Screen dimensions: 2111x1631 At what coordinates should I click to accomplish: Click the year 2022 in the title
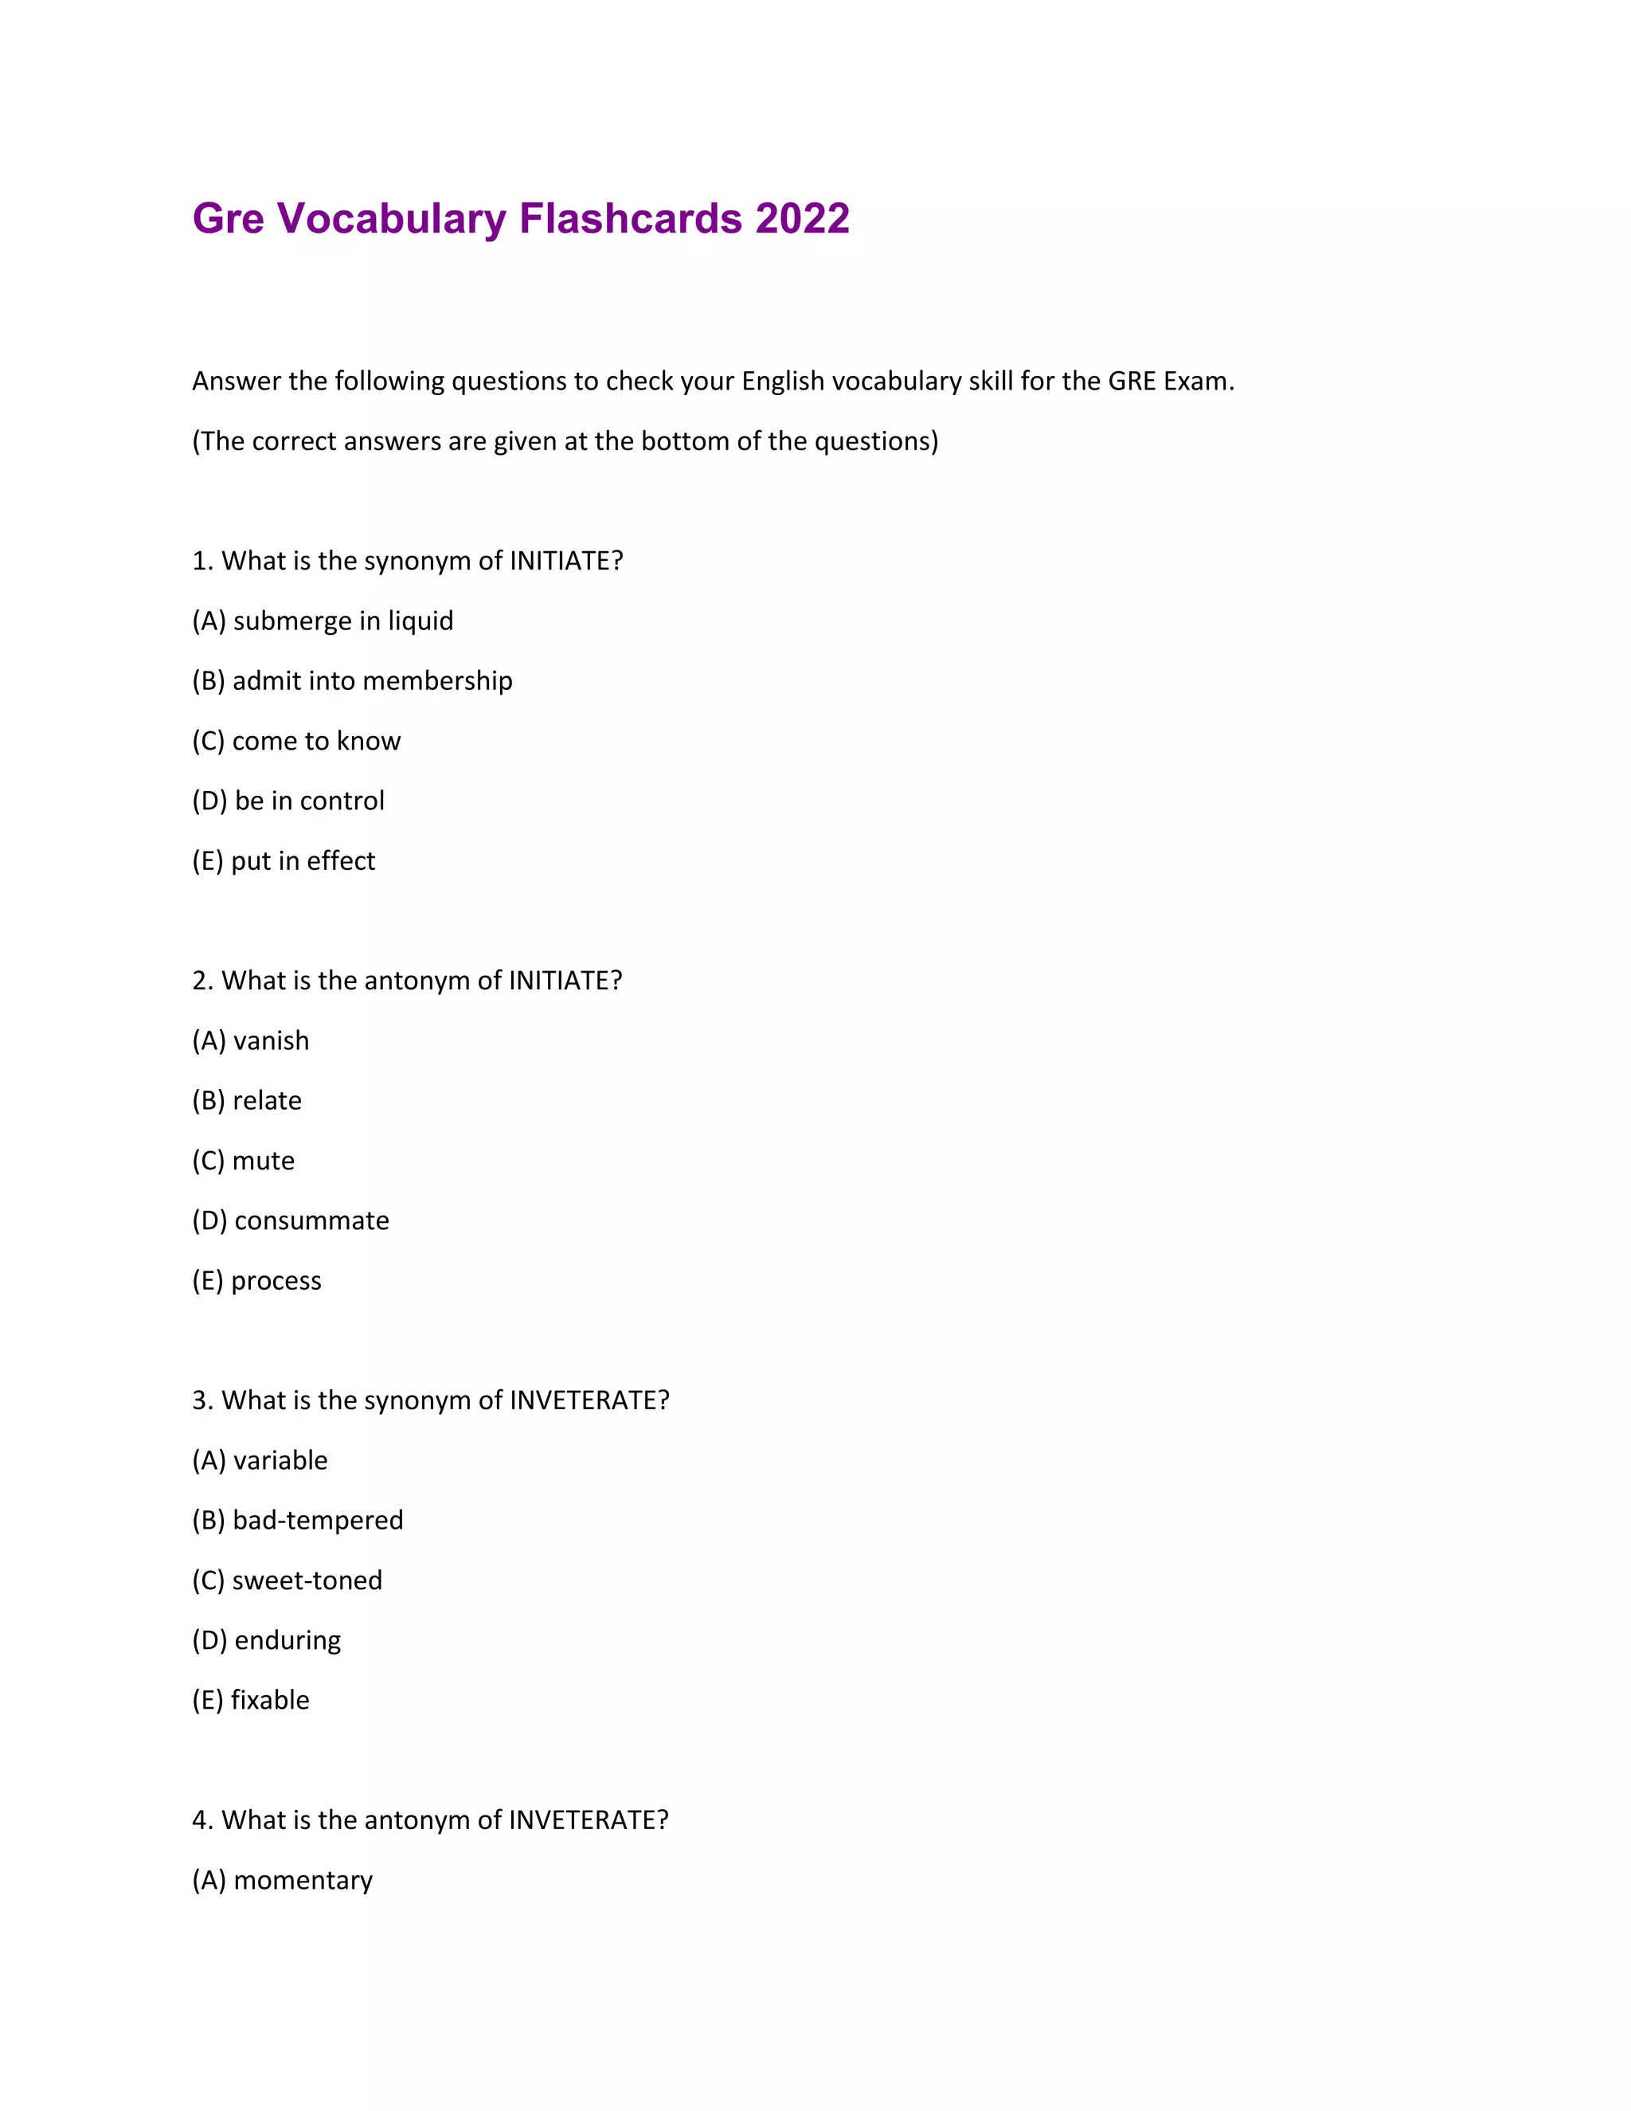[802, 218]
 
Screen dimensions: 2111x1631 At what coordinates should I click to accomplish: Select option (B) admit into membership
[352, 680]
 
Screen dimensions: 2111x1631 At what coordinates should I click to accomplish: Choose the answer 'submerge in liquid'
[323, 621]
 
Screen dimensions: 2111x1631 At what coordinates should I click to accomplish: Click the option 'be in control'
[288, 801]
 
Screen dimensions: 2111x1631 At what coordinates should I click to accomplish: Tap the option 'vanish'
[250, 1040]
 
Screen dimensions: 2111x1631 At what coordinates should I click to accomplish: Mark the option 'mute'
[244, 1160]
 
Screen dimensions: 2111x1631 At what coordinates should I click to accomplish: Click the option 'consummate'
[290, 1220]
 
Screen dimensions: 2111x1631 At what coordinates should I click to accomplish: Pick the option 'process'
[256, 1280]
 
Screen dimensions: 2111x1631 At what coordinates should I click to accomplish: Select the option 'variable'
[260, 1459]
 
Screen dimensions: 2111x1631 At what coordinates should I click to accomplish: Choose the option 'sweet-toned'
[287, 1580]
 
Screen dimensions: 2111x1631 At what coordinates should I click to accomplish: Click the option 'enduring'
[266, 1639]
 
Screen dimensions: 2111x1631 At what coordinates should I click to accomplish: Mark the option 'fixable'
[250, 1699]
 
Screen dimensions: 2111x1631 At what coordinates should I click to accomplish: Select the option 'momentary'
[282, 1879]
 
